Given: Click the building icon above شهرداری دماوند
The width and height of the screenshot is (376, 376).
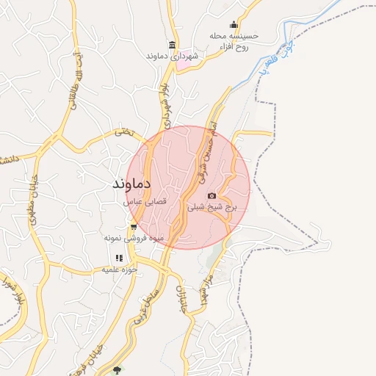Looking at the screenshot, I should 173,45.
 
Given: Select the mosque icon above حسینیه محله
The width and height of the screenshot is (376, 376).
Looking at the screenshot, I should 234,24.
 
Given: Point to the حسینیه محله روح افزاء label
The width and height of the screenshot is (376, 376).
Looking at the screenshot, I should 234,41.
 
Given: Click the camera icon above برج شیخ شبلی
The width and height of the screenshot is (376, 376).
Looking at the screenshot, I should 212,195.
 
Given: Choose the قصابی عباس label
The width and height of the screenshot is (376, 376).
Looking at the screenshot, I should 145,200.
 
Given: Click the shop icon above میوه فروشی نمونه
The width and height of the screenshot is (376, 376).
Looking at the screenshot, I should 133,227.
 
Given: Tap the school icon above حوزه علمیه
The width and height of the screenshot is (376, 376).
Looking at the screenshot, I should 118,258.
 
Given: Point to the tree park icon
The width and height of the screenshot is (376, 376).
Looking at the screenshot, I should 117,369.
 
